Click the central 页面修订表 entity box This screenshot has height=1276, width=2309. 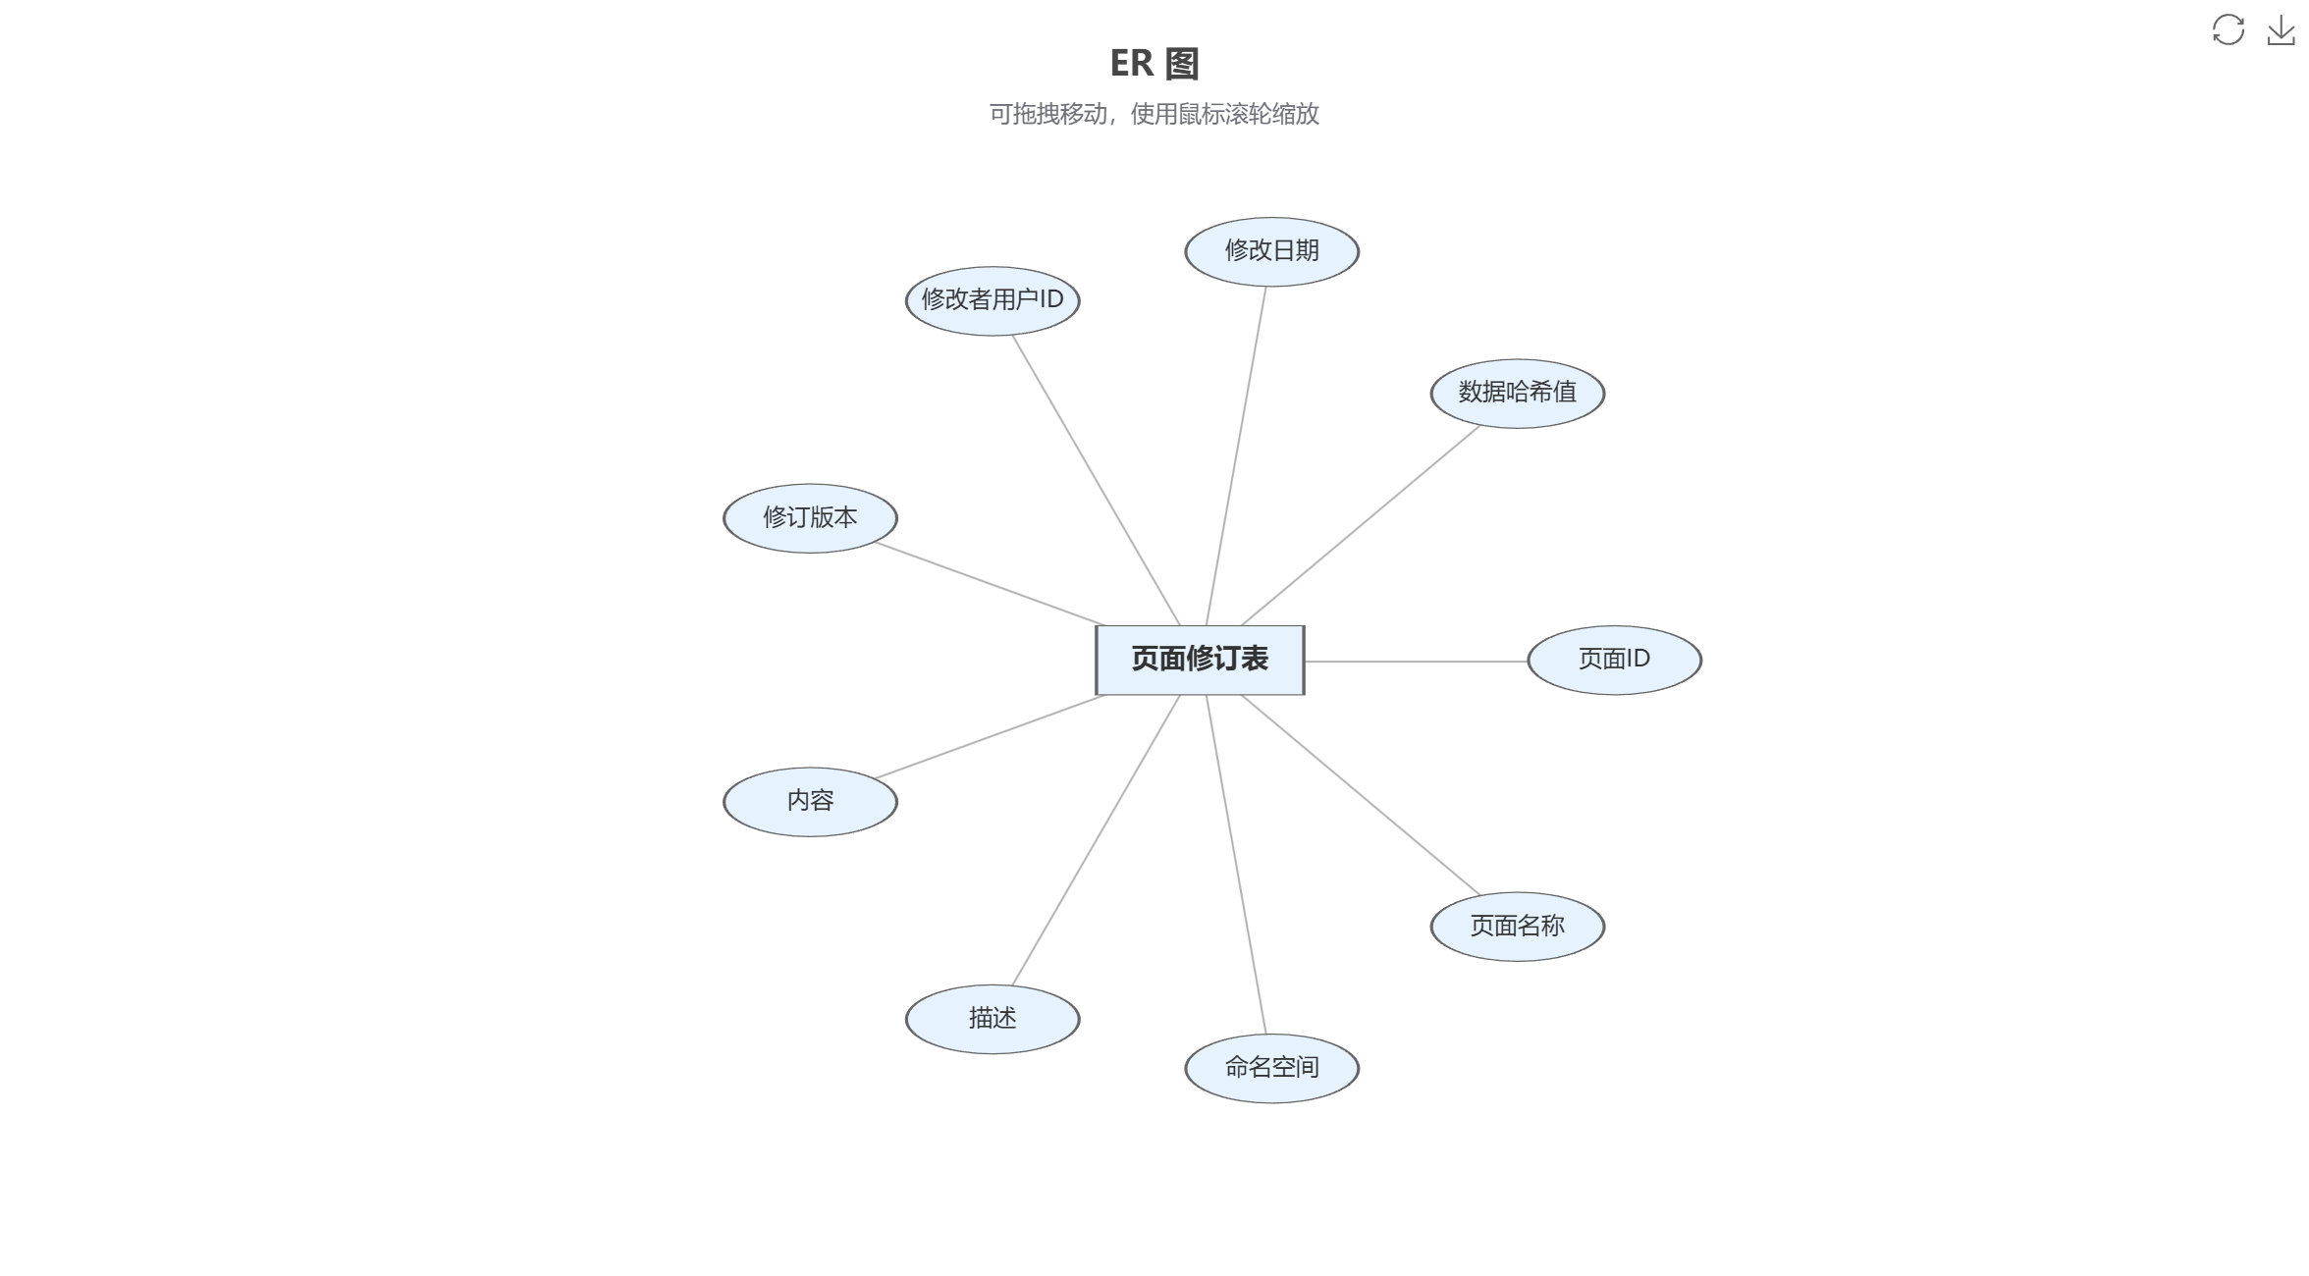coord(1200,660)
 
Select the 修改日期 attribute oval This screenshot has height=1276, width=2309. coord(1271,252)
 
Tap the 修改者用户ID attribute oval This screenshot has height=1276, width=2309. coord(993,301)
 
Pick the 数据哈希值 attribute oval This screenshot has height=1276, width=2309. coord(1518,394)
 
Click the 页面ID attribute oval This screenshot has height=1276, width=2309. coord(1615,661)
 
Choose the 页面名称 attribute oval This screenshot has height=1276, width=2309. coord(1518,927)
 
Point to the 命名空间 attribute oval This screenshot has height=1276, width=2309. coord(1271,1069)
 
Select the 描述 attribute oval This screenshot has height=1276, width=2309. coord(993,1020)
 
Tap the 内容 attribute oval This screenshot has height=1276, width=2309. coord(810,802)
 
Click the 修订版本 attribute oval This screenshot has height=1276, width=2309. coord(810,518)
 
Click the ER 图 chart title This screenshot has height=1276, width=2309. coord(1154,64)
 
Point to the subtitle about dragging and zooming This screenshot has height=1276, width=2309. coord(1154,114)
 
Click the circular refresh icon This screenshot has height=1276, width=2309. coord(2228,29)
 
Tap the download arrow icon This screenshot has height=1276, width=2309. coord(2282,29)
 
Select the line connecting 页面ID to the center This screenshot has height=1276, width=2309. coord(1417,662)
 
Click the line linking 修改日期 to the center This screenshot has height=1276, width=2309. coord(1236,456)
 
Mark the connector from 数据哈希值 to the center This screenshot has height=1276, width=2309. coord(1361,525)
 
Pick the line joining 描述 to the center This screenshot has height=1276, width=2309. coord(1096,840)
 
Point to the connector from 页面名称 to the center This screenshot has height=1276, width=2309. coord(1361,795)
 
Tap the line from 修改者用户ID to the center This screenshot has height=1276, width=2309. coord(1096,480)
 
